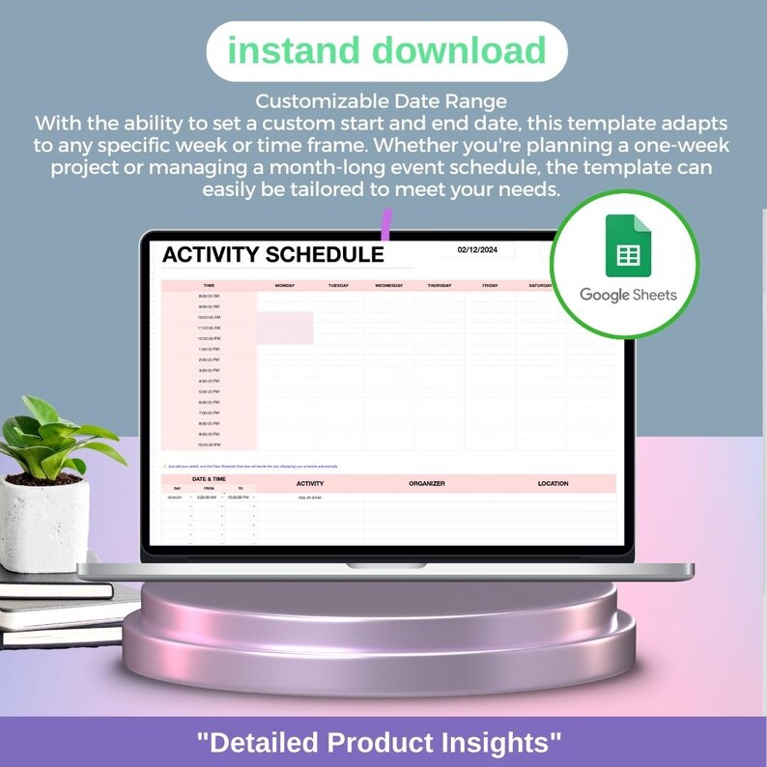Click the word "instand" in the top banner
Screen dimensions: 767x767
tap(289, 50)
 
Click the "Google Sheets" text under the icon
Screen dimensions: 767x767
tap(628, 295)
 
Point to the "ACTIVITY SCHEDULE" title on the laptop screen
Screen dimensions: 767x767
tap(272, 255)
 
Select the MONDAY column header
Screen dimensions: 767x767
tap(285, 286)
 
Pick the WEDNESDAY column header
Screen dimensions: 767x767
tap(388, 286)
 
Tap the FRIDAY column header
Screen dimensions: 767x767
tap(490, 286)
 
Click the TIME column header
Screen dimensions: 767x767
tap(210, 286)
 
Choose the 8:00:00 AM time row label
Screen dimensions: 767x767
tap(210, 297)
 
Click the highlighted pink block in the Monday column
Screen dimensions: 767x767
tap(285, 327)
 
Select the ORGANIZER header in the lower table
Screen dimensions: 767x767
tap(427, 483)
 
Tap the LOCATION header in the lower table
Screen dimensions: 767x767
tap(554, 483)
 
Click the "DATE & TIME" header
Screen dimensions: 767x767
tap(209, 479)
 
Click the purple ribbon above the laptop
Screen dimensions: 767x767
tap(386, 225)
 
